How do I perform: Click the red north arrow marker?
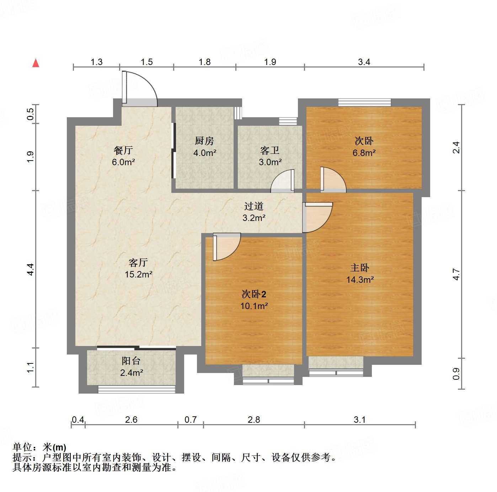coord(36,63)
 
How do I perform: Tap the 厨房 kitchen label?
coord(204,141)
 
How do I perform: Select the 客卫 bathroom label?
coord(270,151)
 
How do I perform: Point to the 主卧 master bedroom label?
coord(360,268)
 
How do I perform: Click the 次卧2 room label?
coord(254,294)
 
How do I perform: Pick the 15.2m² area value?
coord(139,274)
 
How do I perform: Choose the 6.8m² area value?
coord(364,153)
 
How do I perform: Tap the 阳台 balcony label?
coord(131,361)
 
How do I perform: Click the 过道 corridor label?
coord(254,206)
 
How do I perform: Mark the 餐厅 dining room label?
coord(123,150)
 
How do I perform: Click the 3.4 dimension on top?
coord(364,62)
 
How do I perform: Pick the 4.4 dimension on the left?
coord(31,269)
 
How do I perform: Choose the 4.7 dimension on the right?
coord(456,274)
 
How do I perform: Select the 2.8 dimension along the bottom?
coord(254,420)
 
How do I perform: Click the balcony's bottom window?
coord(137,389)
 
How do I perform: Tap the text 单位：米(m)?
coord(39,447)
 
